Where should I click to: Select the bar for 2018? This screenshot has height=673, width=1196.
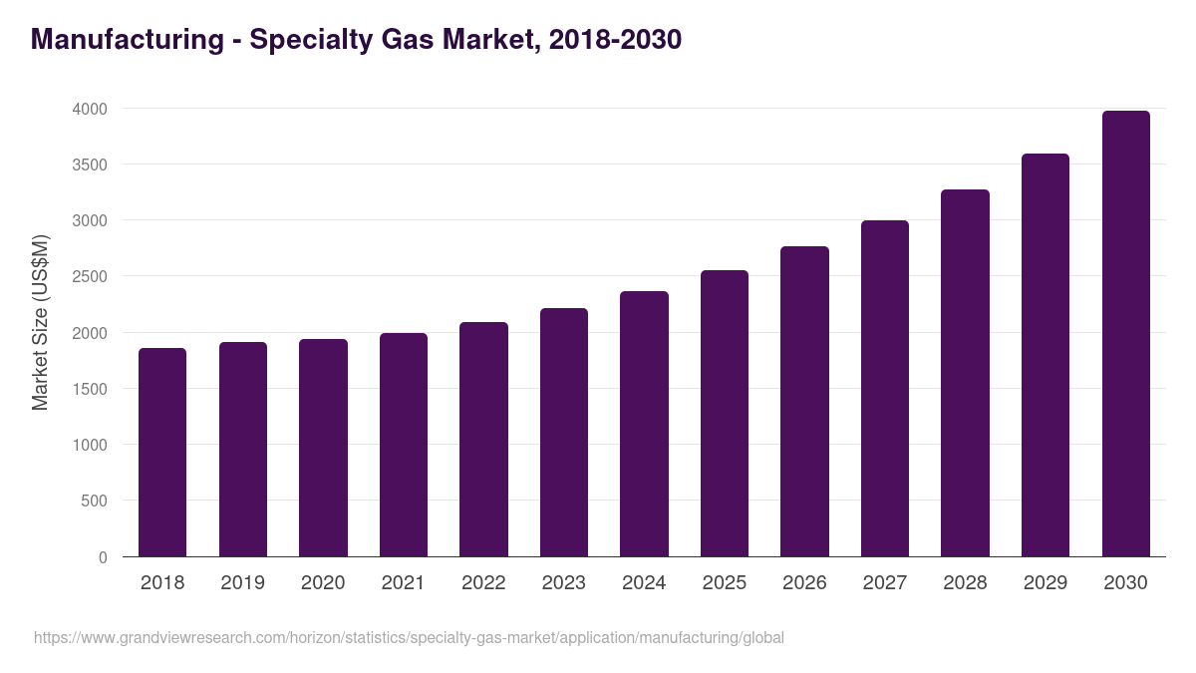tap(162, 453)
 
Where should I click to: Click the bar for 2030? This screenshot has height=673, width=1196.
tap(1125, 334)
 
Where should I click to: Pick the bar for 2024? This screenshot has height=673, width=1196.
tap(644, 424)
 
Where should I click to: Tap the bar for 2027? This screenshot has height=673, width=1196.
tap(885, 389)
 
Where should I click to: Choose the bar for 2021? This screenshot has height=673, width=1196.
tap(404, 445)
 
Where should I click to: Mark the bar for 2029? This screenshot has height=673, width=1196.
tap(1046, 355)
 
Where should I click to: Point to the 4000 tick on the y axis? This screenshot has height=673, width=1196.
tap(89, 109)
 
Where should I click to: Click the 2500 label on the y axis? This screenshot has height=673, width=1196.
tap(89, 276)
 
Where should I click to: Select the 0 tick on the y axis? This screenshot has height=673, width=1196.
tap(102, 557)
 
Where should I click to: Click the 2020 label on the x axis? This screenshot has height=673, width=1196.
tap(323, 583)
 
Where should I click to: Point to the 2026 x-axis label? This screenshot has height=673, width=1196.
tap(804, 583)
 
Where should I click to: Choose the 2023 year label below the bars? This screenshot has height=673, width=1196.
tap(564, 583)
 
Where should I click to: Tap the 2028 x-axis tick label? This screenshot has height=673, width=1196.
tap(965, 583)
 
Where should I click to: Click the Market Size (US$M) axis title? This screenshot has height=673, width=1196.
tap(40, 322)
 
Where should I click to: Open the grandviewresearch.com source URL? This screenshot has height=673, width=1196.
tap(409, 638)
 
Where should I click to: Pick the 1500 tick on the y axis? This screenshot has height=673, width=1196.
tap(89, 389)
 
